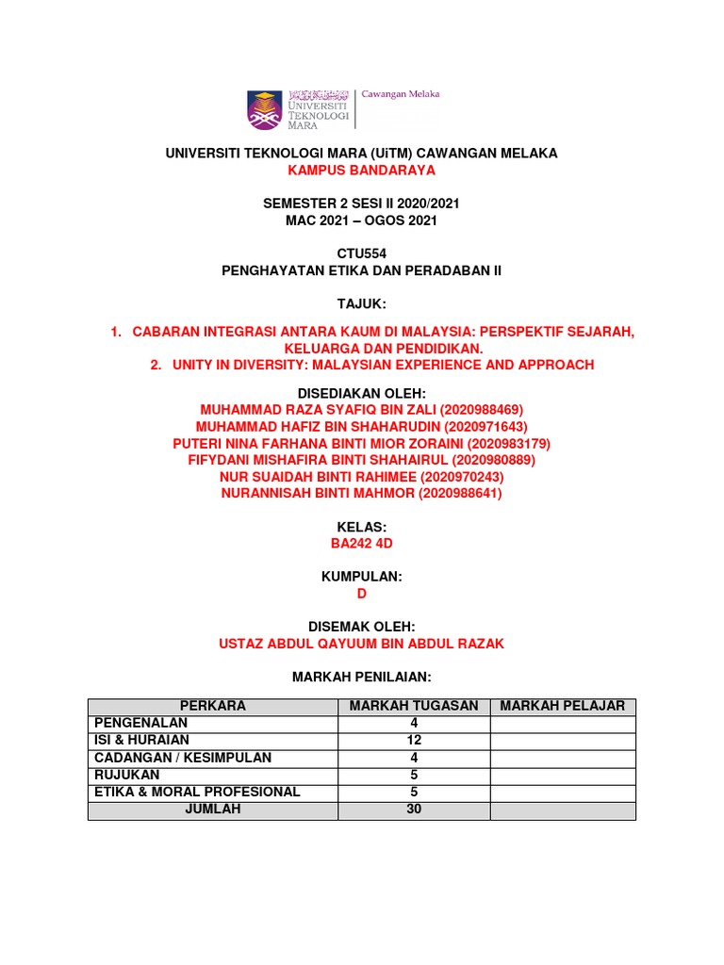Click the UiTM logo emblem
[x=264, y=110]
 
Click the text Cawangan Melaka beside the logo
[x=401, y=94]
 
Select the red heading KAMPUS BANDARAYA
[x=361, y=171]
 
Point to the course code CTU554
[x=361, y=254]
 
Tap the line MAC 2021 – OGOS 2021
[x=361, y=221]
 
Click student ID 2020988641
[x=461, y=493]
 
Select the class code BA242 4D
[x=361, y=543]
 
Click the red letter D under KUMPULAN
[x=361, y=594]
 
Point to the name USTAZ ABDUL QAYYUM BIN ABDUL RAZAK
[x=361, y=644]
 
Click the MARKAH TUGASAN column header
[x=414, y=706]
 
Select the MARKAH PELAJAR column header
[x=563, y=706]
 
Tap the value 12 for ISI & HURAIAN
[x=414, y=740]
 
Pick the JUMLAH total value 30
[x=414, y=809]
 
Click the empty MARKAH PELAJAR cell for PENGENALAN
[x=563, y=723]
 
